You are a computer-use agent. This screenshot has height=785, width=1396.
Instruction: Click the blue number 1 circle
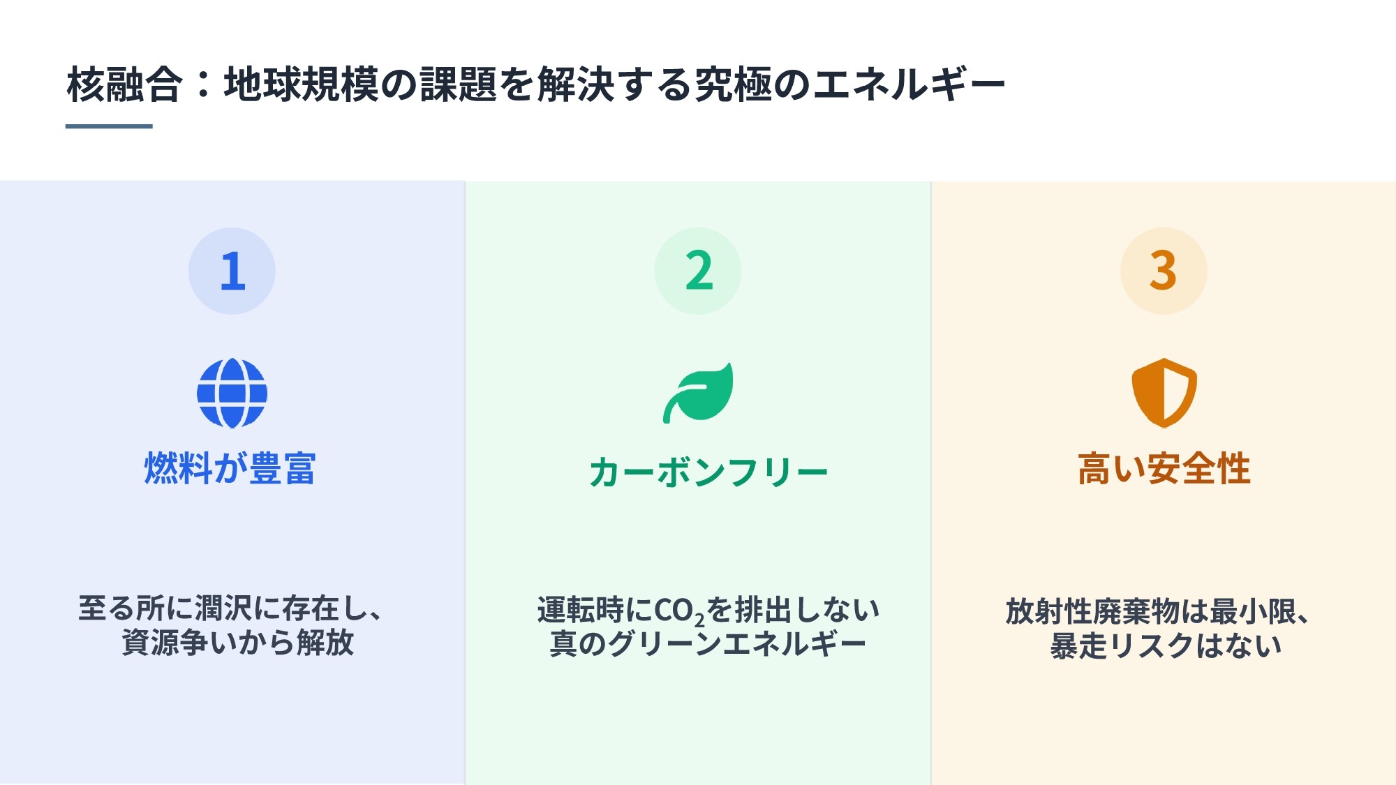(232, 271)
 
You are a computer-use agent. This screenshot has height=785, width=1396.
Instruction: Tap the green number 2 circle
(698, 271)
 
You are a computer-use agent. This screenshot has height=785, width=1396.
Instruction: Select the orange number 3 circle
(1164, 271)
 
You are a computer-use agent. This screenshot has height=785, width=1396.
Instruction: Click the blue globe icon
(232, 393)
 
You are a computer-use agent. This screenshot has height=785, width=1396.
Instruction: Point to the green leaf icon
(698, 393)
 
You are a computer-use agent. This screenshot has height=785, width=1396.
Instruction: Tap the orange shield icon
(1164, 393)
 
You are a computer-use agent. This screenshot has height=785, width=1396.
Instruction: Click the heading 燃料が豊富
(230, 468)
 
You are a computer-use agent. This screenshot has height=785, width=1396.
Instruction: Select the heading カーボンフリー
(708, 472)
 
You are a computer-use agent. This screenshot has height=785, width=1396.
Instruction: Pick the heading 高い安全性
(1164, 468)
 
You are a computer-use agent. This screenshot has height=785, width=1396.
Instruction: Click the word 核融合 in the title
(124, 84)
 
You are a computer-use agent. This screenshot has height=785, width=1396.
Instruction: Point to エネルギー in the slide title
(909, 84)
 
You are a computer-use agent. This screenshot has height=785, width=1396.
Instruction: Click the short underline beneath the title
(109, 126)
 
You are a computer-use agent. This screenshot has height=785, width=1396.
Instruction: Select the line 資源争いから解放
(238, 642)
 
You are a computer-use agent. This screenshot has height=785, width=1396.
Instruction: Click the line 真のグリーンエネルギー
(708, 643)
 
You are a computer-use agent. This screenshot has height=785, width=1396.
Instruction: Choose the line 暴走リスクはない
(1166, 645)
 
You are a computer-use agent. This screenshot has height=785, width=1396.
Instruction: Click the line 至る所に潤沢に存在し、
(230, 608)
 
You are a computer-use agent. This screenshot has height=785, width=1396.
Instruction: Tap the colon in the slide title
(203, 84)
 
